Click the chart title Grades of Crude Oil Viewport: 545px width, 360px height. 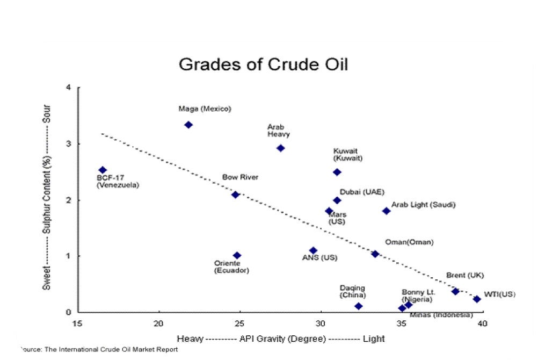point(263,64)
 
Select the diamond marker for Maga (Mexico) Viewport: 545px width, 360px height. point(188,125)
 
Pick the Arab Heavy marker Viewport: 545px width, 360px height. point(280,148)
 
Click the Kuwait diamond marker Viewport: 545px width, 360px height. point(337,172)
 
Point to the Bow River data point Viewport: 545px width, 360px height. point(235,195)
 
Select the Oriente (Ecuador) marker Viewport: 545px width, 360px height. point(237,255)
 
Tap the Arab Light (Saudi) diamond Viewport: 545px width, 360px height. point(386,211)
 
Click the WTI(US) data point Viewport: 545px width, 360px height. point(476,299)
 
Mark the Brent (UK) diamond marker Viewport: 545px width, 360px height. point(455,291)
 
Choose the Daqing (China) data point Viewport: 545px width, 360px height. point(359,306)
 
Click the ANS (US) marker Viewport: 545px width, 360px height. point(314,250)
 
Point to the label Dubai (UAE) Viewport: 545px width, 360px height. point(362,192)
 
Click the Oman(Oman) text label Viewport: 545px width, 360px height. point(409,242)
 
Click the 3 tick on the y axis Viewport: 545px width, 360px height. point(68,144)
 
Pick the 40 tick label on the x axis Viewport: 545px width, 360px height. point(482,323)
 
